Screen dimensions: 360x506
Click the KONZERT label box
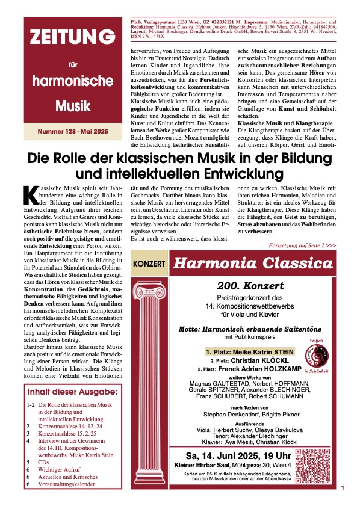pyautogui.click(x=149, y=264)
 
